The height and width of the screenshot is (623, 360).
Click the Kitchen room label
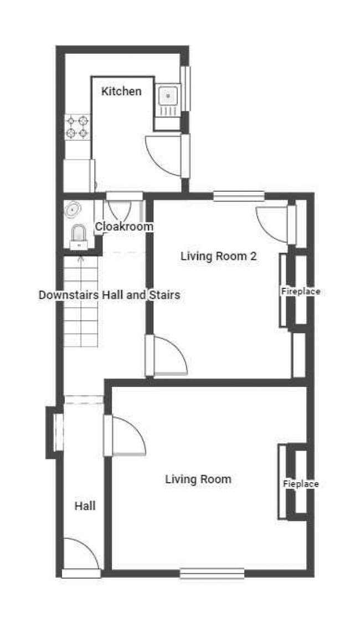point(121,91)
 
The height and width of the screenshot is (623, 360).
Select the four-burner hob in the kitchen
point(78,127)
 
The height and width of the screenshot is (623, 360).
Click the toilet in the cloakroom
point(79,237)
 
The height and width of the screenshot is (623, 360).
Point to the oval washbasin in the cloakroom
point(73,210)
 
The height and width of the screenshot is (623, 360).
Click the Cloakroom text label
point(124,227)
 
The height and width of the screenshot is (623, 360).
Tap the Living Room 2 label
point(219,256)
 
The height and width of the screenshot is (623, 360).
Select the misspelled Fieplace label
point(301,484)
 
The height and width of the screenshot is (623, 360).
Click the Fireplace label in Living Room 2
point(301,291)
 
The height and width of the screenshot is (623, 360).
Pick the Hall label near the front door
point(85,506)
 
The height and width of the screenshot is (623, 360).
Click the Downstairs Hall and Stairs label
point(109,295)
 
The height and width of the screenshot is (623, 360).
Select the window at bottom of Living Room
point(212,573)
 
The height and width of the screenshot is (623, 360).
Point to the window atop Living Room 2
point(239,196)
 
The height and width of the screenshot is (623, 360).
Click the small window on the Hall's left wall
point(58,433)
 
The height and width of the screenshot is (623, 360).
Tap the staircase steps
point(81,302)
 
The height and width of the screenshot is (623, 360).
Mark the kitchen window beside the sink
point(186,88)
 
